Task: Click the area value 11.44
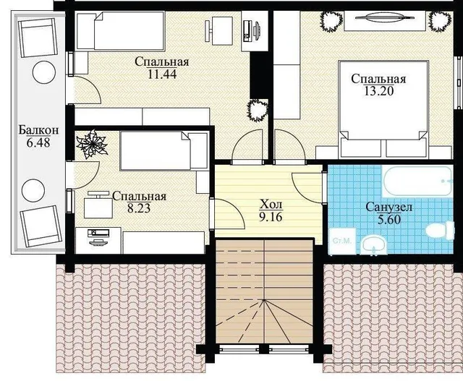(x=162, y=74)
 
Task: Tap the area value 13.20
(x=378, y=91)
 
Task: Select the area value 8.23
(x=139, y=208)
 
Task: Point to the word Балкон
(x=38, y=130)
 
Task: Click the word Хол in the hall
(x=271, y=204)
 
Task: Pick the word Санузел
(x=388, y=207)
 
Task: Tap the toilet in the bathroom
(x=441, y=230)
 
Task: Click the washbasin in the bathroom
(x=374, y=244)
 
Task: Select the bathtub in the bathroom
(x=417, y=181)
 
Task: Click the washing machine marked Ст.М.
(x=342, y=241)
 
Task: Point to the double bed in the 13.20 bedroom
(x=383, y=100)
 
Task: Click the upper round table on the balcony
(x=44, y=72)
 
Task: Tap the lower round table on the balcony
(x=34, y=191)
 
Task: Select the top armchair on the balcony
(x=38, y=38)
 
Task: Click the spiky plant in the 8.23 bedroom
(x=92, y=144)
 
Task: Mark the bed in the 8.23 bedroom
(x=163, y=151)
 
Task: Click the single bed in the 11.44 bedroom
(x=120, y=30)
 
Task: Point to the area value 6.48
(x=38, y=142)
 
